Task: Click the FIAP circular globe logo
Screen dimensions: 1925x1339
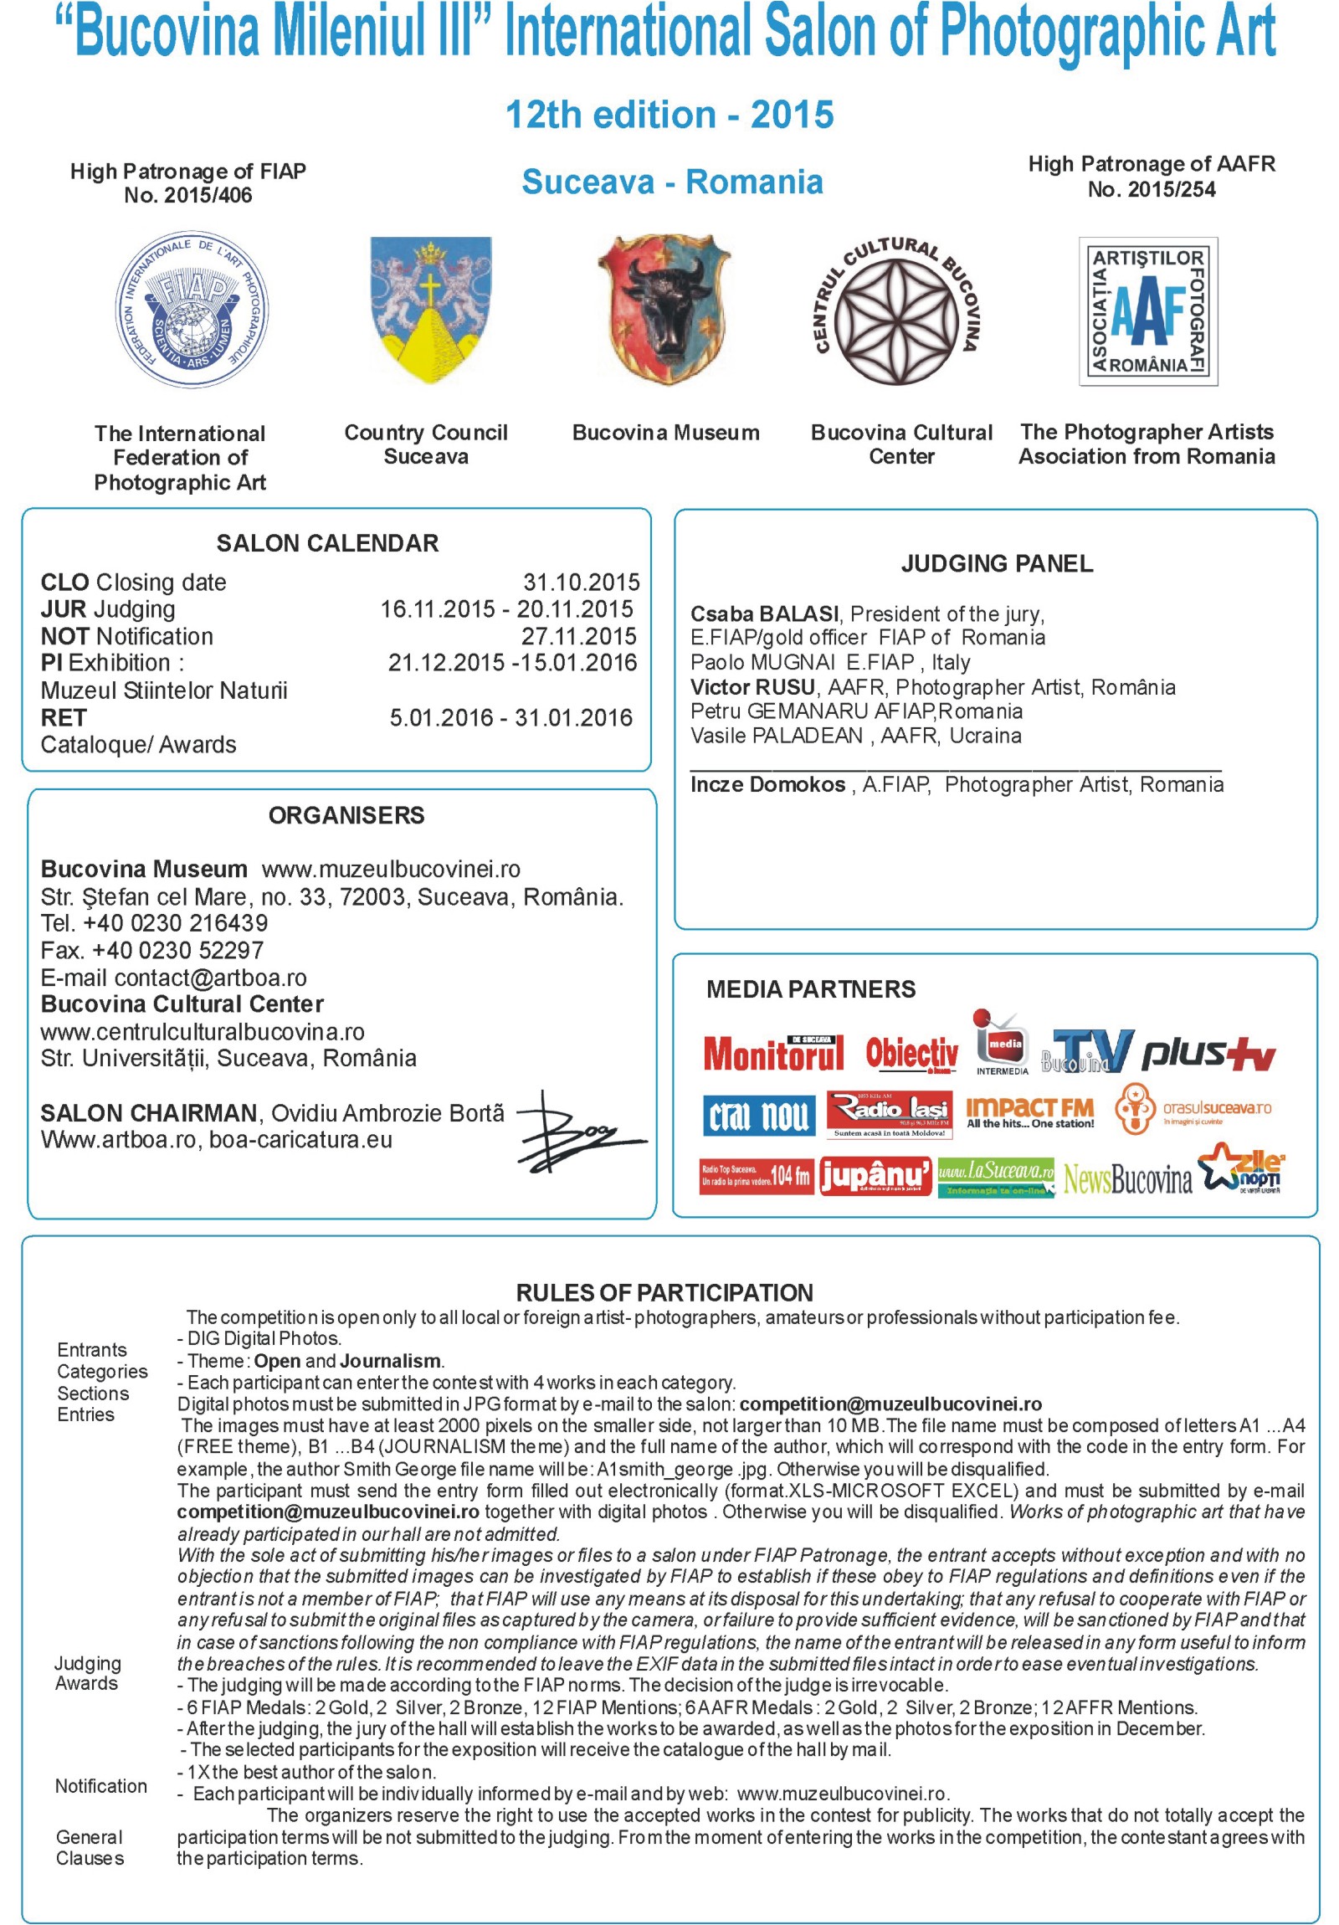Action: coord(192,311)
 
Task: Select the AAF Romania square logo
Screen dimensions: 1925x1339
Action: coord(1147,311)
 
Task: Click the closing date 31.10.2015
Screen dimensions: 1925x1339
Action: coord(580,582)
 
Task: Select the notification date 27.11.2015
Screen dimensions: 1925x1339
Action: coord(578,635)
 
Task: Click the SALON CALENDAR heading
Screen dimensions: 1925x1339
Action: coord(327,543)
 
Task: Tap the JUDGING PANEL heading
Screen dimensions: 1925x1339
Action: coord(996,563)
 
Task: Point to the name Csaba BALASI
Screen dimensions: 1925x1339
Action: coord(763,613)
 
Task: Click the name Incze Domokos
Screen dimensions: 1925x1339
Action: coord(767,784)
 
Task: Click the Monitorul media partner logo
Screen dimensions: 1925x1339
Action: coord(773,1053)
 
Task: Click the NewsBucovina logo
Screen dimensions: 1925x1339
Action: coord(1127,1178)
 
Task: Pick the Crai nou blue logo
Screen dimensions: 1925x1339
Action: coord(759,1114)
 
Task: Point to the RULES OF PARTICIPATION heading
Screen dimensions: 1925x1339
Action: coord(664,1292)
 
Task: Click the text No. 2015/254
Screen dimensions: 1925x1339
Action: coord(1151,189)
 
